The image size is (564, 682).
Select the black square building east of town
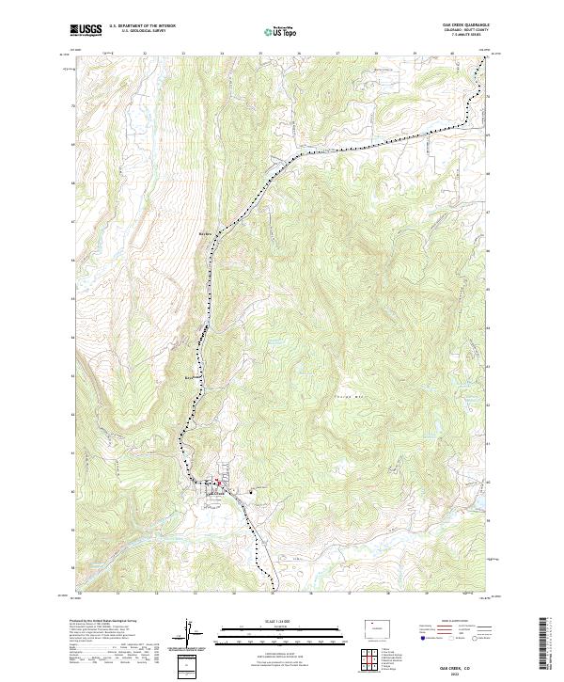(x=251, y=490)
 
